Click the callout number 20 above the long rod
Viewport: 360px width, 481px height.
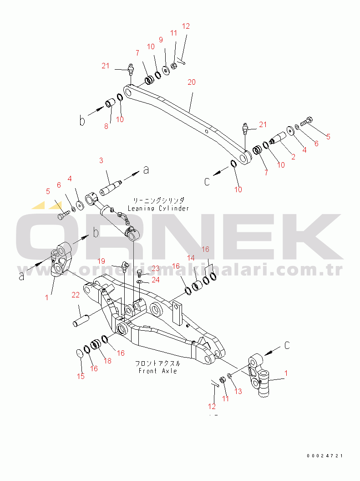(191, 82)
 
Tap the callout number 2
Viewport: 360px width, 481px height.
(293, 157)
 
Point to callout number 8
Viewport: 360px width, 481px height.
(106, 126)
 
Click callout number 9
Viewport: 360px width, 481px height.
(161, 40)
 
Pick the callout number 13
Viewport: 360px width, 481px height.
(238, 391)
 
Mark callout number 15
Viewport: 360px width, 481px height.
(81, 376)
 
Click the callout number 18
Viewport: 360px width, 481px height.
(107, 361)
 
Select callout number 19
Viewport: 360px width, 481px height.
(101, 261)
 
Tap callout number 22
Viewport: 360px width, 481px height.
(76, 296)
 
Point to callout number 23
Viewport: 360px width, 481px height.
(156, 268)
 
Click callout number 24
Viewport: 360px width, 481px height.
(156, 280)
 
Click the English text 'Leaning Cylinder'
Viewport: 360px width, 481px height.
(158, 208)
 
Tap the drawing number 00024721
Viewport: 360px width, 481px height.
(325, 455)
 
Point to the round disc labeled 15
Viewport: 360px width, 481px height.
(79, 353)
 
